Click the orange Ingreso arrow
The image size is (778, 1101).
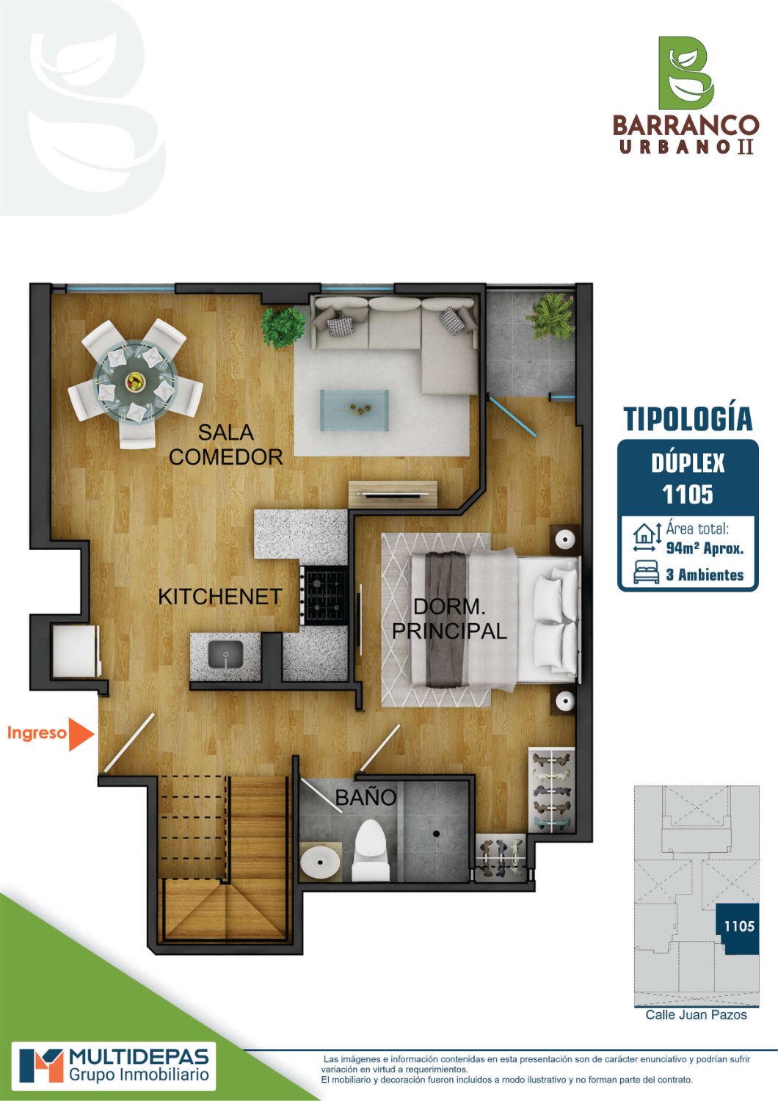[80, 734]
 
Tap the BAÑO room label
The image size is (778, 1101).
[366, 797]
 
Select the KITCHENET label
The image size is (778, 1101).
[219, 597]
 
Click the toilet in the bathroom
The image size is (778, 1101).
[371, 849]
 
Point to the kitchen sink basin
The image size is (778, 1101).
[225, 654]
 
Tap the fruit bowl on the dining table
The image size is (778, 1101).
[134, 382]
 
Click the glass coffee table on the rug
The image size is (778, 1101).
[354, 410]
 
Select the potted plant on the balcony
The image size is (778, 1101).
[550, 316]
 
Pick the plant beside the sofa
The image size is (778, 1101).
[283, 327]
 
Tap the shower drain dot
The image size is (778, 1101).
[436, 834]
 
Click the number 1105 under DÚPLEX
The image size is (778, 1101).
[687, 495]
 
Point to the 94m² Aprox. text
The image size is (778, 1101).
[705, 548]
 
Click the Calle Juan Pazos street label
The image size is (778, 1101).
[696, 1015]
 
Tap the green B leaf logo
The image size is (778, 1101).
[686, 73]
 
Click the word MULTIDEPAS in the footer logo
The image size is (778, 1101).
[139, 1057]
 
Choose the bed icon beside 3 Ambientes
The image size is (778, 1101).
[646, 572]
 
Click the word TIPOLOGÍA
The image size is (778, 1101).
[688, 419]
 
